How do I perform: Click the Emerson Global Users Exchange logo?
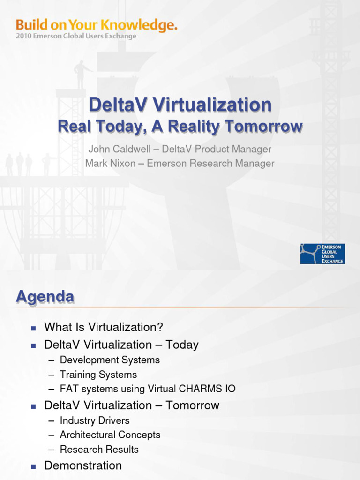322,254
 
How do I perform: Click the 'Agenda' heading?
45,297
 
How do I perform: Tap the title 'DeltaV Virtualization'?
180,105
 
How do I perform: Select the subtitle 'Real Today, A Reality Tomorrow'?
180,127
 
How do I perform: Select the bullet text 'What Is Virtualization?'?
104,327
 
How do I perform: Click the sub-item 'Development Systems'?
110,360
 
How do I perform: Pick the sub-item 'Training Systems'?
98,375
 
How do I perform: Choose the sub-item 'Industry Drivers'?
95,420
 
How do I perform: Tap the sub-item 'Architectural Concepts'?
110,435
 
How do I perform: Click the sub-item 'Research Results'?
99,450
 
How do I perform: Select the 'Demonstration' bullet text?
83,465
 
